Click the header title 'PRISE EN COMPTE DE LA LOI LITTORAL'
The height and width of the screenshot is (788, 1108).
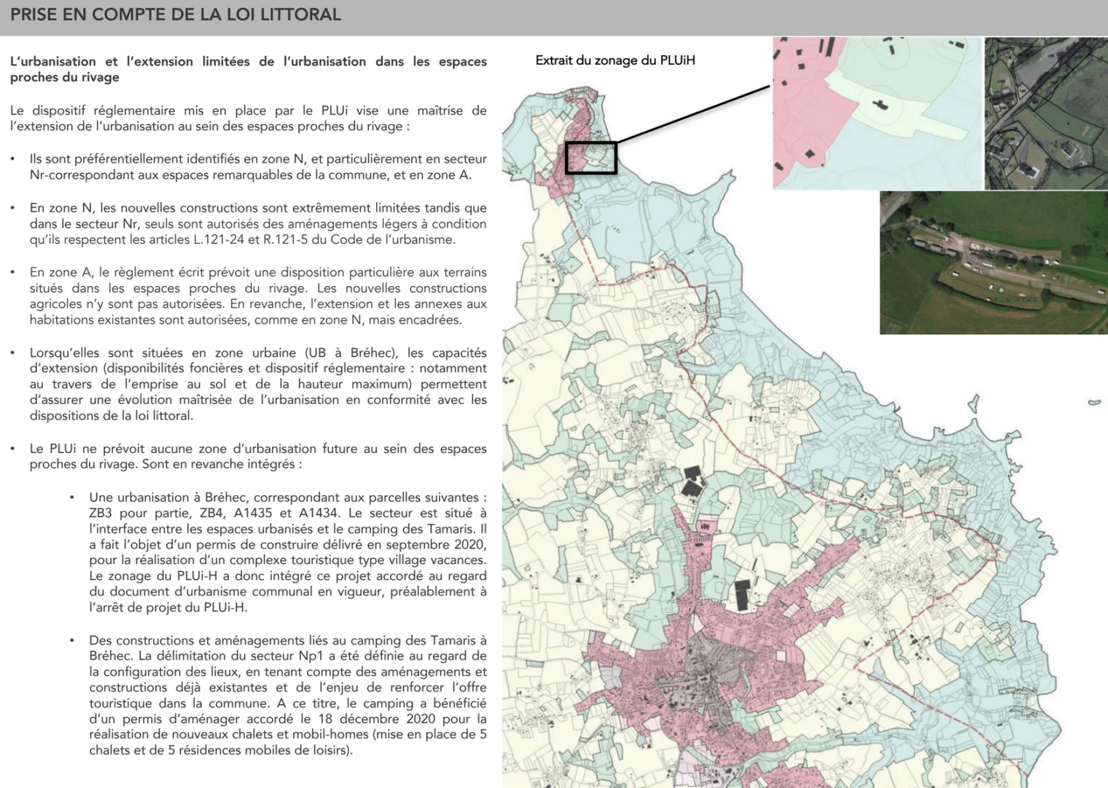[x=175, y=15]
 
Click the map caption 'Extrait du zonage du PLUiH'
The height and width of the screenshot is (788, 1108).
[x=615, y=61]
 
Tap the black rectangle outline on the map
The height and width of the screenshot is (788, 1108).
[x=591, y=158]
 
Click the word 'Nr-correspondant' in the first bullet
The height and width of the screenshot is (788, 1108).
[x=76, y=175]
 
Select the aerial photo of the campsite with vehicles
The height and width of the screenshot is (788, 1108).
[x=993, y=263]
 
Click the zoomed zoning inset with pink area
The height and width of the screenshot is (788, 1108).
[x=877, y=113]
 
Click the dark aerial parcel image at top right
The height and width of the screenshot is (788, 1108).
[x=1045, y=113]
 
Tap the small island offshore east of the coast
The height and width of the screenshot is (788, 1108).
[x=1094, y=402]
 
